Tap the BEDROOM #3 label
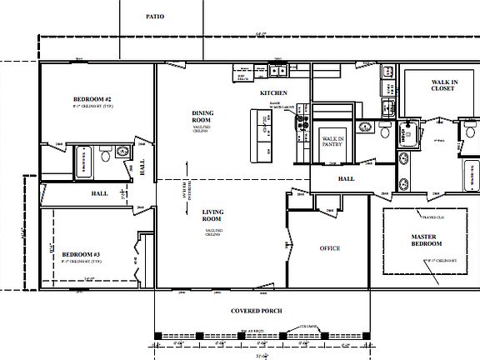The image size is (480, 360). point(82,253)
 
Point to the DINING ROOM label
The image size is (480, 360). point(203,117)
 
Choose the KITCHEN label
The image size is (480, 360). point(273,92)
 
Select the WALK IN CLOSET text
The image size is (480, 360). point(442,85)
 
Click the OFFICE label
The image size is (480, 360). point(330,248)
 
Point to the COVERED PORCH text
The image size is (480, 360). point(257,311)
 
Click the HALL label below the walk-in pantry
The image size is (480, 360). point(347,179)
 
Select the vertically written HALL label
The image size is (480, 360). point(142,168)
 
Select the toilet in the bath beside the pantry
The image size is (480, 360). point(382,131)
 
